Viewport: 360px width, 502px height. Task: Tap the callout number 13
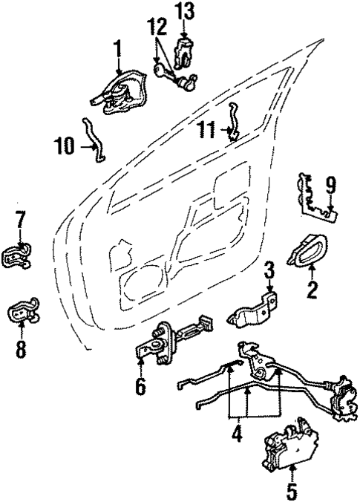(184, 11)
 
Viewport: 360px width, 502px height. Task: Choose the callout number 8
(21, 348)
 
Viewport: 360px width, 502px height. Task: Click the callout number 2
(312, 288)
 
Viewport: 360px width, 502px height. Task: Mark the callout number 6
(140, 387)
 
